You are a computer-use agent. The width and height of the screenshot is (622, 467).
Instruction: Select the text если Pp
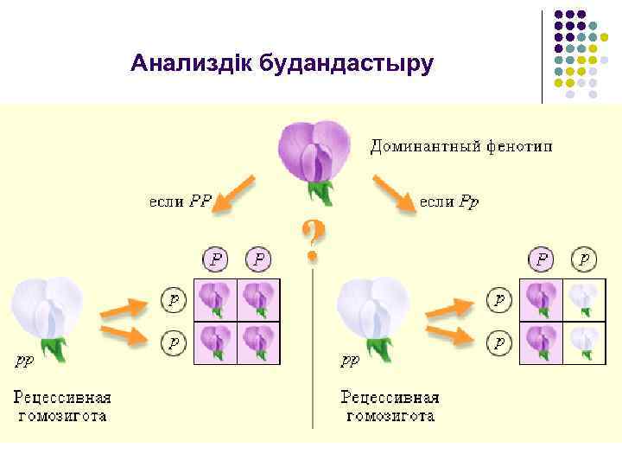(449, 201)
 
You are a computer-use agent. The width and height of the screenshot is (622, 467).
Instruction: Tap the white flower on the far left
(47, 310)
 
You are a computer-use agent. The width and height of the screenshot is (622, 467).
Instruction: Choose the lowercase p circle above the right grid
(585, 259)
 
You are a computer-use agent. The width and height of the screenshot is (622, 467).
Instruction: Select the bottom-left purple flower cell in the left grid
(213, 341)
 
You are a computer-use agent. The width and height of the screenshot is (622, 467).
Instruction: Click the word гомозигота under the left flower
(63, 415)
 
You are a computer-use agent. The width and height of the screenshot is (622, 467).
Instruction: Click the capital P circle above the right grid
(543, 259)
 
